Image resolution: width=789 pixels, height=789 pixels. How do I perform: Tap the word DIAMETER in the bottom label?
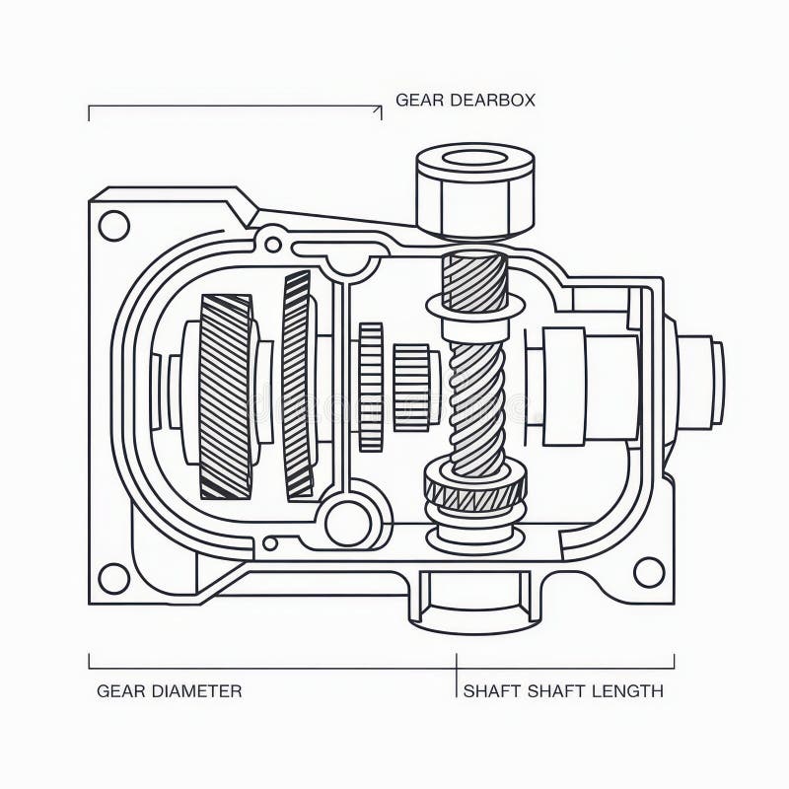(x=197, y=690)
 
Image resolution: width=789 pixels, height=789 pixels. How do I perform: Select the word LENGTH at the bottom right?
(x=627, y=690)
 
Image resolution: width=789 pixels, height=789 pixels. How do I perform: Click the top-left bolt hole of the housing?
(x=114, y=226)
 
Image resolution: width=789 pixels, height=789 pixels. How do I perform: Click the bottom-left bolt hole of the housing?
(x=114, y=578)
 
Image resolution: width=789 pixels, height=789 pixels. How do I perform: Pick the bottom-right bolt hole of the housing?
(x=648, y=571)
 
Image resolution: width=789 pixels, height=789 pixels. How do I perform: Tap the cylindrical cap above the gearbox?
(x=474, y=189)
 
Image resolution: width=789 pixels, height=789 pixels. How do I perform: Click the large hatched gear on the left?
(x=226, y=394)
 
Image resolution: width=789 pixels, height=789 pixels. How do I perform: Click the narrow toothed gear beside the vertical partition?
(x=371, y=387)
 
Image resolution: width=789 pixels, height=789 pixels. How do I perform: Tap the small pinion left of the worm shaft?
(x=411, y=387)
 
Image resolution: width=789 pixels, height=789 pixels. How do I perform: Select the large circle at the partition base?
(x=348, y=523)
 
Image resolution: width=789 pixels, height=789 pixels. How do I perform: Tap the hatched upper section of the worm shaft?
(x=474, y=280)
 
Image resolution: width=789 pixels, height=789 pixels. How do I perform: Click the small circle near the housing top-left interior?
(x=273, y=242)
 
